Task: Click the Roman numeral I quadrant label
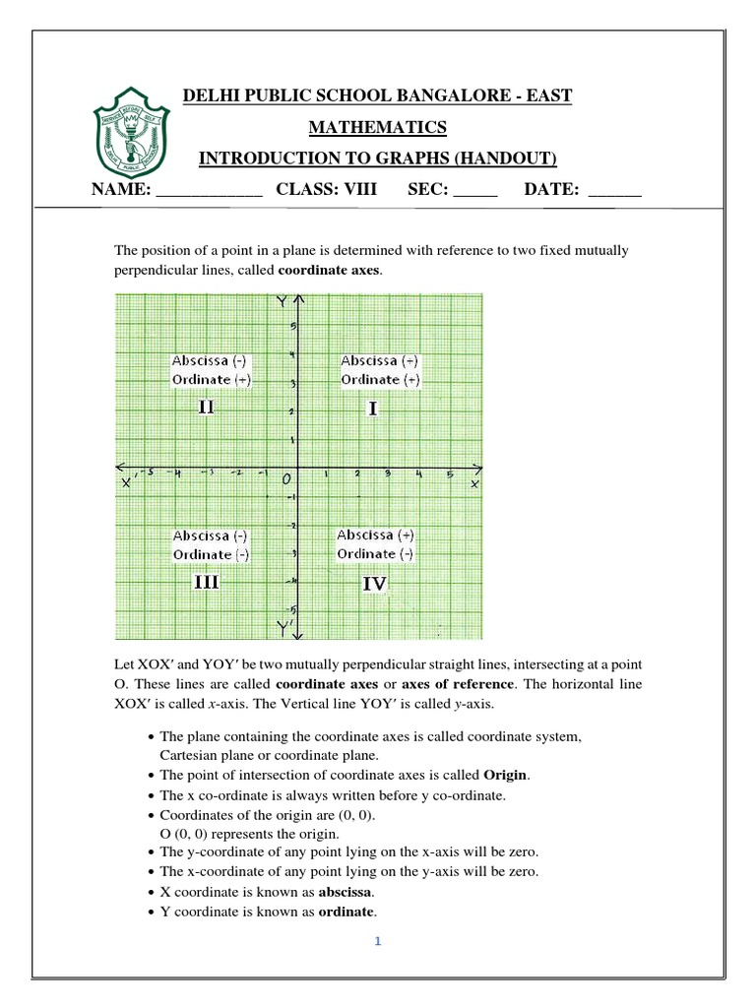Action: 373,409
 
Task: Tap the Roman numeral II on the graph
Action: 206,407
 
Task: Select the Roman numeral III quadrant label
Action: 206,582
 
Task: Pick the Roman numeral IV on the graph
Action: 374,584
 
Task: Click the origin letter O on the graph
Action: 286,479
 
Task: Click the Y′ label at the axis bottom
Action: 284,626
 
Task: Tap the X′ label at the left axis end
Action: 127,482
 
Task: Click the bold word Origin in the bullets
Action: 507,775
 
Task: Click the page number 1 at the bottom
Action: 377,941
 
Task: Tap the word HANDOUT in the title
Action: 509,158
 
